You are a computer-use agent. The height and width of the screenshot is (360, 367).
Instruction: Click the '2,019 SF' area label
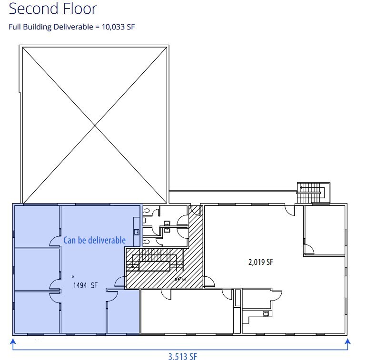[x=260, y=262]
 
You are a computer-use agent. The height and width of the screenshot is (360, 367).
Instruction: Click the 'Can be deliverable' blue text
[x=95, y=240]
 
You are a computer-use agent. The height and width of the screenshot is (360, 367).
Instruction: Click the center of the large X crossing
[x=95, y=125]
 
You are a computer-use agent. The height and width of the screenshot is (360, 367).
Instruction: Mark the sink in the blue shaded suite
[x=136, y=232]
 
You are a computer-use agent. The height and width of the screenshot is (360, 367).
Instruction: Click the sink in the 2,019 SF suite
[x=266, y=313]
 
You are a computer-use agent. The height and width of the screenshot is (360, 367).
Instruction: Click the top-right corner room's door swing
[x=308, y=249]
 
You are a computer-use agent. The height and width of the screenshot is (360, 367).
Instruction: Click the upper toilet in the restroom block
[x=167, y=223]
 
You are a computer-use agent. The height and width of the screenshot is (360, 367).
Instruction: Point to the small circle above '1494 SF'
[x=73, y=276]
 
